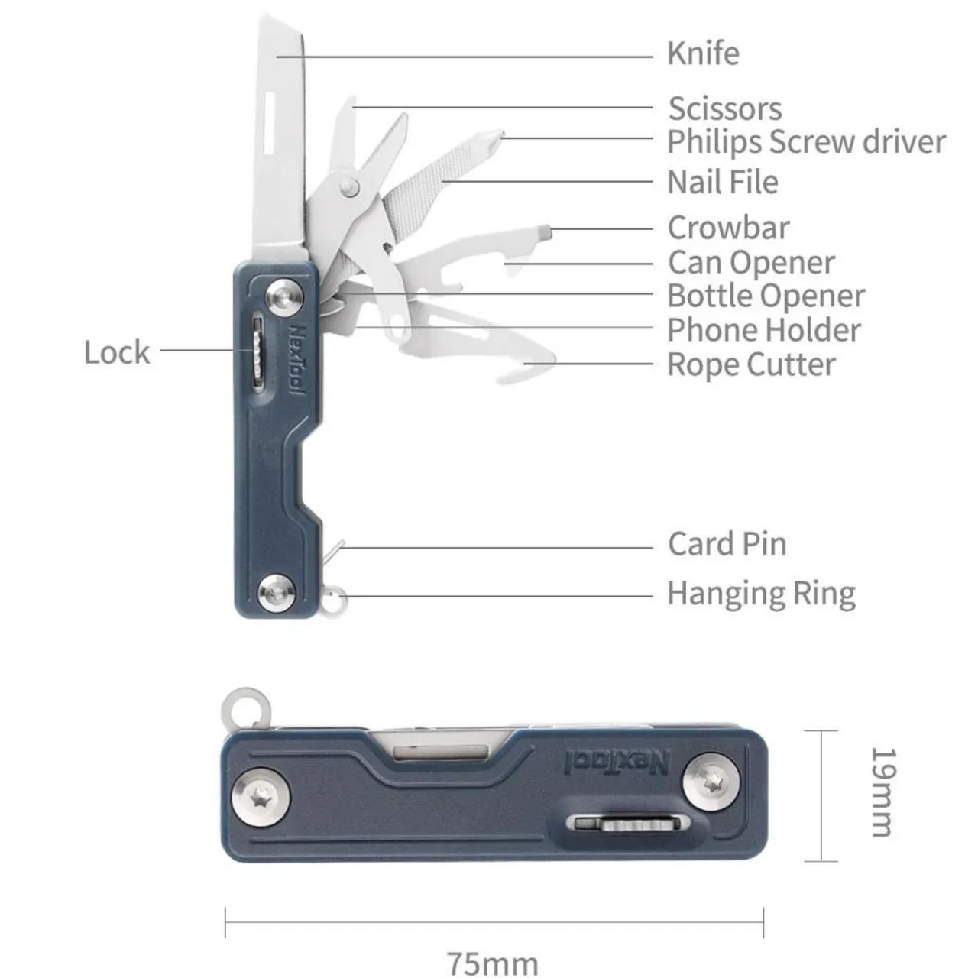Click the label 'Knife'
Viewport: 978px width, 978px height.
click(x=702, y=54)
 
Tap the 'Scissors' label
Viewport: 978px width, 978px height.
click(x=724, y=108)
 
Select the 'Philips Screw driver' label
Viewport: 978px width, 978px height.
click(x=805, y=142)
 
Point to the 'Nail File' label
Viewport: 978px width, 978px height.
click(x=722, y=183)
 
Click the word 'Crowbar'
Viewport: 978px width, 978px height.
click(x=728, y=228)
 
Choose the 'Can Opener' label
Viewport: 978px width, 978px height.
click(x=751, y=263)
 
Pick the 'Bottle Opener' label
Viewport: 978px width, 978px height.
click(x=766, y=296)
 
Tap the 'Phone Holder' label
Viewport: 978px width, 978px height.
click(x=763, y=330)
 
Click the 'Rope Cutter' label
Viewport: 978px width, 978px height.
click(x=751, y=364)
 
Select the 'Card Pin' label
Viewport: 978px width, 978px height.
click(x=727, y=544)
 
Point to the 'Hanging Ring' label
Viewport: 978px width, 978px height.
click(x=761, y=594)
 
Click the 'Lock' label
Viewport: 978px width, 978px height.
click(x=117, y=352)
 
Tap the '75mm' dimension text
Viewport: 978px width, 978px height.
click(x=493, y=963)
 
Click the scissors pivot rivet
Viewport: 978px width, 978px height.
click(x=350, y=186)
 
